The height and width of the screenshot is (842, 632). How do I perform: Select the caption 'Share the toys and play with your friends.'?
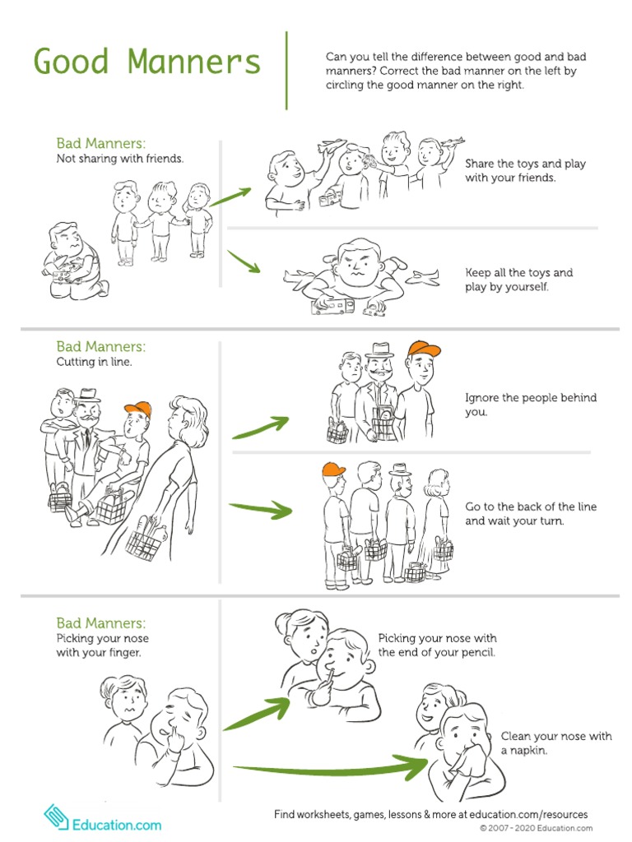click(525, 170)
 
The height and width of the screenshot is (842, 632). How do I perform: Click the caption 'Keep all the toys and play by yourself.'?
click(518, 280)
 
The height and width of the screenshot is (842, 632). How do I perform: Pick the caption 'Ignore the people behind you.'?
click(531, 405)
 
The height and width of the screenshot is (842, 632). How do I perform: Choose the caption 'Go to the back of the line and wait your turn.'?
click(531, 514)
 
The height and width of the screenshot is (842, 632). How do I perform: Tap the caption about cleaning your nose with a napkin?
click(556, 743)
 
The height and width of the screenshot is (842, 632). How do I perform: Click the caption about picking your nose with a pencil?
click(437, 645)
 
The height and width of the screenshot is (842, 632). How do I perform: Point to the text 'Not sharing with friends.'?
click(119, 159)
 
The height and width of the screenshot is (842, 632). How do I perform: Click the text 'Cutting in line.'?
click(94, 362)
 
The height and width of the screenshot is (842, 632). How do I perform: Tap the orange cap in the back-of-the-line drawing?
click(334, 470)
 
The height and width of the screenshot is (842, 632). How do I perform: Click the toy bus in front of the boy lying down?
click(332, 307)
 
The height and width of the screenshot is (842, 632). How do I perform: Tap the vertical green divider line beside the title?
click(286, 70)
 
